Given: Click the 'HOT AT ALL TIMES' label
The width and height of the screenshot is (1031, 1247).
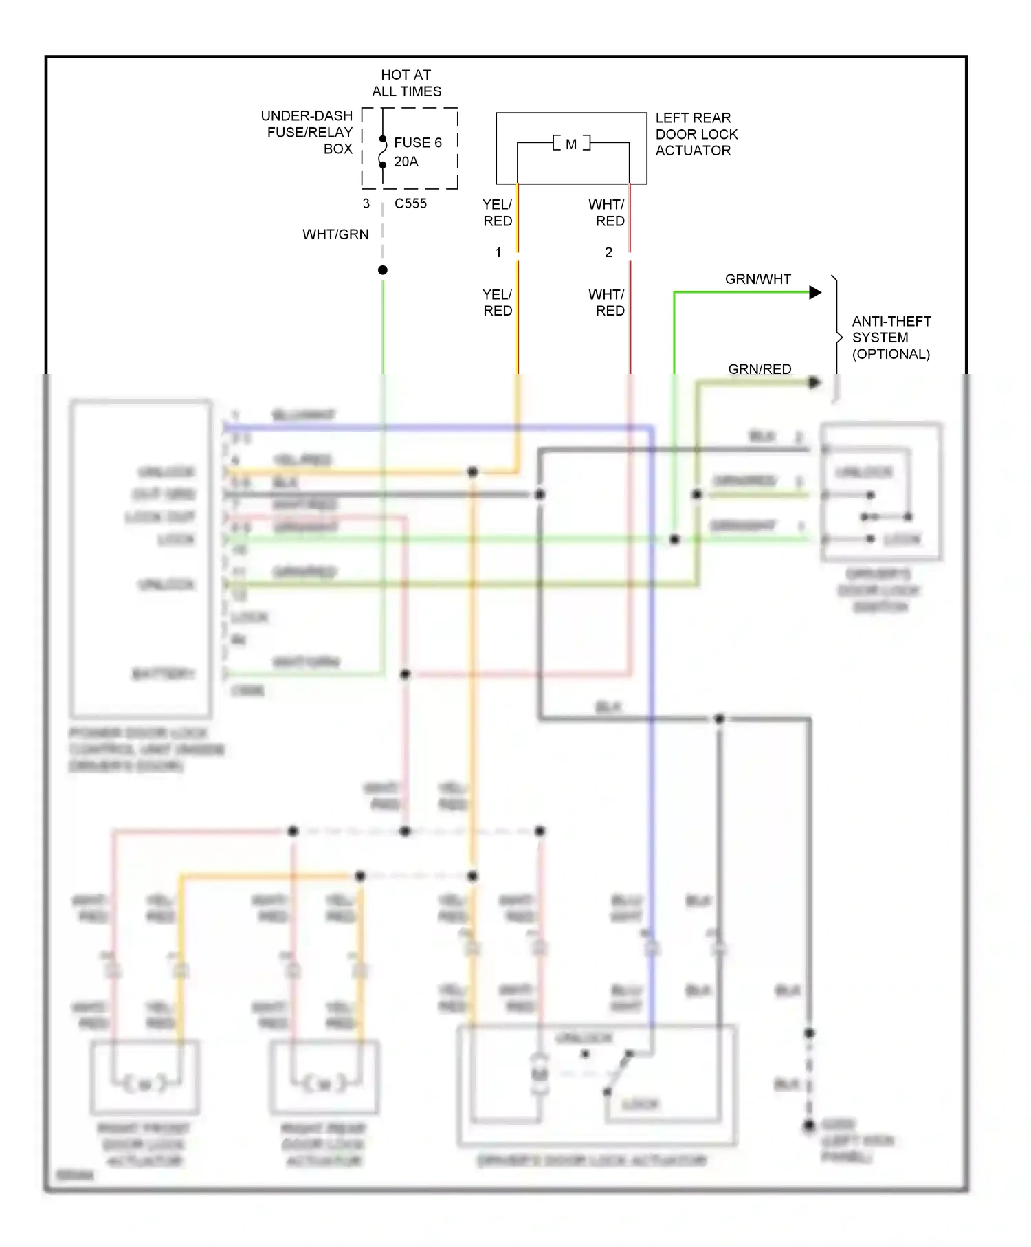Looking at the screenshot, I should [x=406, y=83].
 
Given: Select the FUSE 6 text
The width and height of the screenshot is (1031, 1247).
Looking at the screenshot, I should [x=417, y=142].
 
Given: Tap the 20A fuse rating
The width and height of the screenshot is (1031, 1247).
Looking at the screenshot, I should [x=406, y=162].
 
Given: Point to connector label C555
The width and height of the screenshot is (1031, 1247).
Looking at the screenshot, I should [x=410, y=203].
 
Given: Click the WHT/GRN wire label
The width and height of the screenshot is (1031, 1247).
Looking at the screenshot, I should [x=335, y=234].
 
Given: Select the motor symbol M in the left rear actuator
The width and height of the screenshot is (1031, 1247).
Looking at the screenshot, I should [x=571, y=144].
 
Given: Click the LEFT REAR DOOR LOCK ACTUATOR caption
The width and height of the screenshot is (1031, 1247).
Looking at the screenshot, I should [x=696, y=134].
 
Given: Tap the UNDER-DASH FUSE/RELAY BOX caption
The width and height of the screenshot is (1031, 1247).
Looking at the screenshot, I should [x=309, y=132].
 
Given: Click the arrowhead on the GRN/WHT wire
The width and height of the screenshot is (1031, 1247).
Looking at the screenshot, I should [x=815, y=293].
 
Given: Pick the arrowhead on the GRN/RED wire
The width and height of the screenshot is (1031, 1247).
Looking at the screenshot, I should [x=814, y=382].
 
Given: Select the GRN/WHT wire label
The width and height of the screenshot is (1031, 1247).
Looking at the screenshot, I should [x=757, y=279].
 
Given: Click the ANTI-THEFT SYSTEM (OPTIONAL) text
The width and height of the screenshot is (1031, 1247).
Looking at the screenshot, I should [x=891, y=338].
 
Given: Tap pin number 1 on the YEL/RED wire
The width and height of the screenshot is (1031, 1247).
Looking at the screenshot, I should [x=498, y=252].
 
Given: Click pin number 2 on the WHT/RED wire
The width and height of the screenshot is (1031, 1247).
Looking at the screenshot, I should [x=608, y=252].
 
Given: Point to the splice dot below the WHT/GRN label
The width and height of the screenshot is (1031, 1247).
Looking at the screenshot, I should [x=383, y=270].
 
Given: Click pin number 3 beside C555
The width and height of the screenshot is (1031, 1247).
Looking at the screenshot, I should [x=366, y=203].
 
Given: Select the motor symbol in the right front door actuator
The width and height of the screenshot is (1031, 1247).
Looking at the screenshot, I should [x=145, y=1084].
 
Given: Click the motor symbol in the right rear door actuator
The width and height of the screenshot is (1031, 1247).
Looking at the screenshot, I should [x=324, y=1084].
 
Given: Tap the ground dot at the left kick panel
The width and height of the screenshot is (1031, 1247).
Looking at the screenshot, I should [x=809, y=1125].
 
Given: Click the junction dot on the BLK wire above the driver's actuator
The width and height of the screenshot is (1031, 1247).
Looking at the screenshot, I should [x=719, y=719].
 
